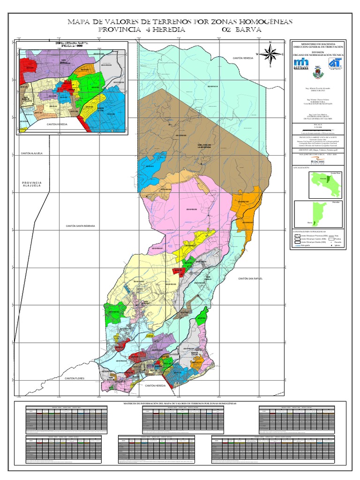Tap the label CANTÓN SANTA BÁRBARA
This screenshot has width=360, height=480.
pos(80,226)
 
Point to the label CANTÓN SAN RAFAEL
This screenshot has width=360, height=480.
pos(250,278)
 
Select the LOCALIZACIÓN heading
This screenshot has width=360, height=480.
pos(300,167)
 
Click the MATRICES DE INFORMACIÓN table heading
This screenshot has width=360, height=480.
pos(180,403)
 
